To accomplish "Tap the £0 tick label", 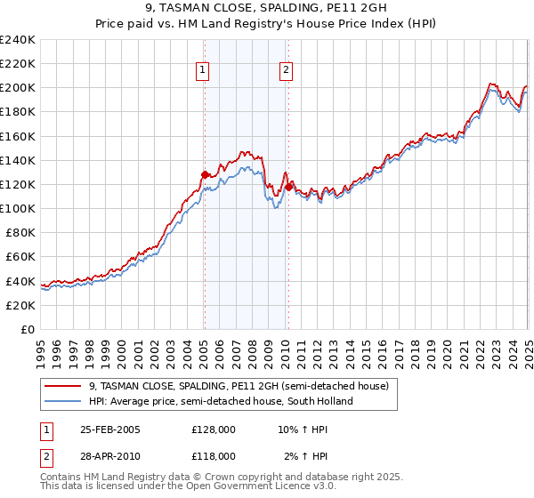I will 27,329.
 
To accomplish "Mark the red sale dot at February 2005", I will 205,174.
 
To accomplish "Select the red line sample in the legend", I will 63,387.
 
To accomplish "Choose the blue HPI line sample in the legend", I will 63,401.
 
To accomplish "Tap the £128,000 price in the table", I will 214,429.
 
